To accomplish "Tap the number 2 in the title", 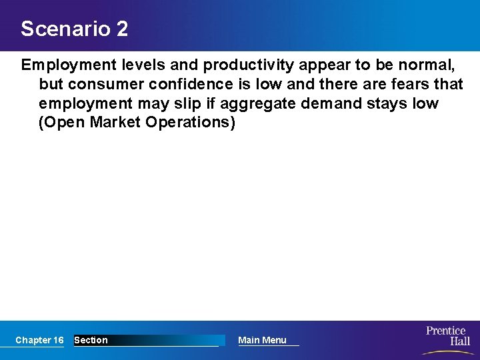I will click(121, 29).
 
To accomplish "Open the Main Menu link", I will click(262, 340).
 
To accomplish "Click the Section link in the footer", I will click(91, 340).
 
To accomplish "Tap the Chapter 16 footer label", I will click(39, 340).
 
